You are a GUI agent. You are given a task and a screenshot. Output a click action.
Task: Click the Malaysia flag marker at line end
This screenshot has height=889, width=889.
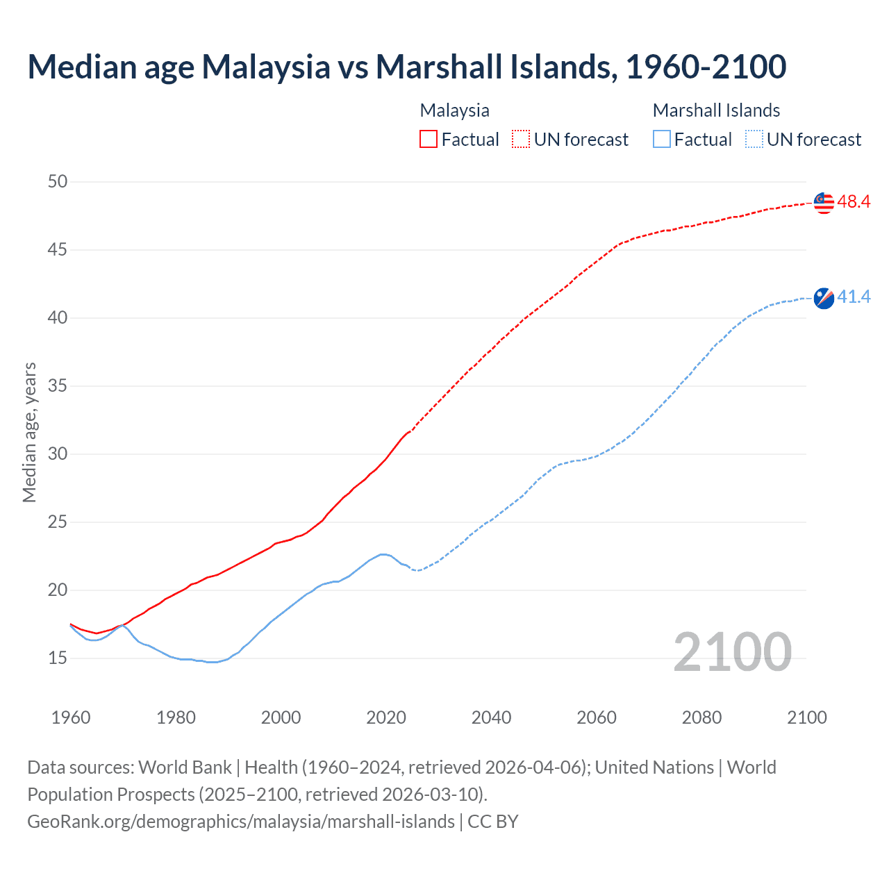pyautogui.click(x=823, y=203)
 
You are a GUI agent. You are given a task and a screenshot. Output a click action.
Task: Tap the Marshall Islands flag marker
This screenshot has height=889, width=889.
pyautogui.click(x=823, y=298)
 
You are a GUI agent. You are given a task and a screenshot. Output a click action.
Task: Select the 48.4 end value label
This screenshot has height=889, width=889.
pyautogui.click(x=854, y=202)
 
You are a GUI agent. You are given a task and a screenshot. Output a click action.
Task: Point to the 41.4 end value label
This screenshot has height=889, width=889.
pyautogui.click(x=854, y=297)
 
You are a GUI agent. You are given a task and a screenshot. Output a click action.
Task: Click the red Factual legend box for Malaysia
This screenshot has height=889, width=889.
pyautogui.click(x=429, y=140)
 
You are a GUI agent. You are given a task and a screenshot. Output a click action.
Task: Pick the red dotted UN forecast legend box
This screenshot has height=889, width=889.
pyautogui.click(x=521, y=140)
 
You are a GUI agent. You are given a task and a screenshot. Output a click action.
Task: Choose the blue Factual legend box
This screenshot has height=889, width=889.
pyautogui.click(x=662, y=140)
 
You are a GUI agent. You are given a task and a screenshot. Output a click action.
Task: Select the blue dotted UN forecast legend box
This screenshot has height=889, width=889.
pyautogui.click(x=754, y=140)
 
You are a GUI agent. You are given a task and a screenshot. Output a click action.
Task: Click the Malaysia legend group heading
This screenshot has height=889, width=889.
pyautogui.click(x=455, y=110)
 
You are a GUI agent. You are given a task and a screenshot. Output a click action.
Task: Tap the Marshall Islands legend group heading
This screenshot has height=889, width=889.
pyautogui.click(x=716, y=110)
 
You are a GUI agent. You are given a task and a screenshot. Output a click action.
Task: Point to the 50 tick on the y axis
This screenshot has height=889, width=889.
pyautogui.click(x=58, y=182)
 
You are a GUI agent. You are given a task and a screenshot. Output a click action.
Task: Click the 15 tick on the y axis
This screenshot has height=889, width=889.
pyautogui.click(x=58, y=658)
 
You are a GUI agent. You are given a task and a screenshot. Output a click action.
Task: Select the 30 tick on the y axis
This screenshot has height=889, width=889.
pyautogui.click(x=58, y=454)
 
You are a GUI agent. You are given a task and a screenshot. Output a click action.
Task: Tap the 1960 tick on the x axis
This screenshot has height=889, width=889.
pyautogui.click(x=71, y=717)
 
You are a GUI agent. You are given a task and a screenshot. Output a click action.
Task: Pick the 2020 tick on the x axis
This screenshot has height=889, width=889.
pyautogui.click(x=386, y=717)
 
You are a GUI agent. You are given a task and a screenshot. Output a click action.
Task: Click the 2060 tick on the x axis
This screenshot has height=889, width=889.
pyautogui.click(x=597, y=717)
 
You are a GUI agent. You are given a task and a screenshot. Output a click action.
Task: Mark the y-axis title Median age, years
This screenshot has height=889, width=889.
pyautogui.click(x=29, y=432)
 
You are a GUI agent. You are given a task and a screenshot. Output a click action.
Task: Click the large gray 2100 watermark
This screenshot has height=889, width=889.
pyautogui.click(x=732, y=652)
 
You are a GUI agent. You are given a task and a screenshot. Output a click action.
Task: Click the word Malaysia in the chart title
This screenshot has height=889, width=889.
pyautogui.click(x=266, y=67)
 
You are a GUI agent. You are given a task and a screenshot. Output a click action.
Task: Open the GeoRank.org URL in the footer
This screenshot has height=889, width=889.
pyautogui.click(x=240, y=822)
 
